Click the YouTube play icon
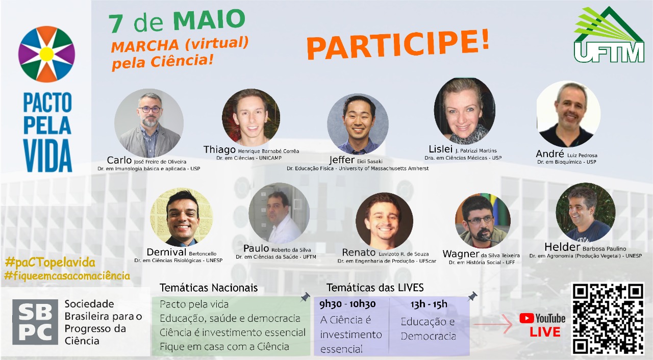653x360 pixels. click(x=526, y=318)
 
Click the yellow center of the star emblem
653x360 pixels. click(x=46, y=54)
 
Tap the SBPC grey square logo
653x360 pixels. click(x=35, y=322)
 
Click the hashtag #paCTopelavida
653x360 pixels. click(x=50, y=263)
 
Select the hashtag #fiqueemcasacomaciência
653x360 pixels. click(x=67, y=275)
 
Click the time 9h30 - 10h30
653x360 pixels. click(x=347, y=304)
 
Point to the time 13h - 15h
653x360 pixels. click(x=429, y=304)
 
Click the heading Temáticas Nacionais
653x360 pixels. click(x=209, y=288)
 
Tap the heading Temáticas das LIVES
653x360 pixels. click(x=375, y=288)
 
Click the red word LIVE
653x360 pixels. click(x=545, y=332)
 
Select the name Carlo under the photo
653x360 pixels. click(x=119, y=160)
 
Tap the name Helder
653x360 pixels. click(x=562, y=247)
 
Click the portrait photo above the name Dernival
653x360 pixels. click(x=181, y=217)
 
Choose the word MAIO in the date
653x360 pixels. click(x=209, y=20)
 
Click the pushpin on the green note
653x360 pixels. click(x=305, y=297)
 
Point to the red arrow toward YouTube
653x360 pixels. click(x=493, y=324)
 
